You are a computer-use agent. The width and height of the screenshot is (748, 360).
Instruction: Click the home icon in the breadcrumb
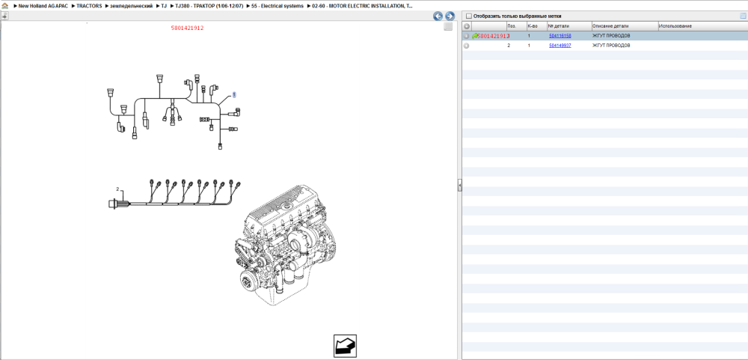pyautogui.click(x=4, y=6)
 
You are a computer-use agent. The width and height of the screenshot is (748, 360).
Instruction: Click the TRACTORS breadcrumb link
pyautogui.click(x=89, y=6)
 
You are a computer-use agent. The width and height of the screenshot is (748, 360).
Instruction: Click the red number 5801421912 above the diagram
pyautogui.click(x=188, y=28)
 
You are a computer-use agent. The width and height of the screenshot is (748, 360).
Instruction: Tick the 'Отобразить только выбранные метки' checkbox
pyautogui.click(x=468, y=16)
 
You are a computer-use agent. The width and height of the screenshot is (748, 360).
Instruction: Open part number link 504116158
pyautogui.click(x=560, y=36)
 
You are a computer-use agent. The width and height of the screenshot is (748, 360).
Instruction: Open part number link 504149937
pyautogui.click(x=560, y=46)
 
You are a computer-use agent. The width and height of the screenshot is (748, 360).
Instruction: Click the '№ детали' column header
pyautogui.click(x=558, y=25)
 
